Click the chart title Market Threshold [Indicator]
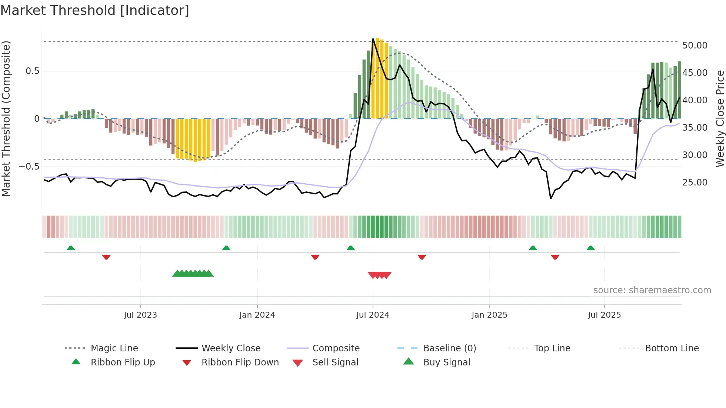coord(95,10)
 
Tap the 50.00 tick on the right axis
coord(695,46)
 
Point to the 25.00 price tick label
coord(695,183)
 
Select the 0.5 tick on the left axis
coord(32,71)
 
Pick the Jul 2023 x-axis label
coord(140,315)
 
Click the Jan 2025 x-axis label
coord(489,315)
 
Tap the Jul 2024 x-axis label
coord(373,315)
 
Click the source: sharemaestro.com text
coord(652,290)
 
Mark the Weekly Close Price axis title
coord(720,118)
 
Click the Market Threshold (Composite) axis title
coord(6,118)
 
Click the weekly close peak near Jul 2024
coord(373,39)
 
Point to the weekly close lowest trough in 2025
coord(551,199)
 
